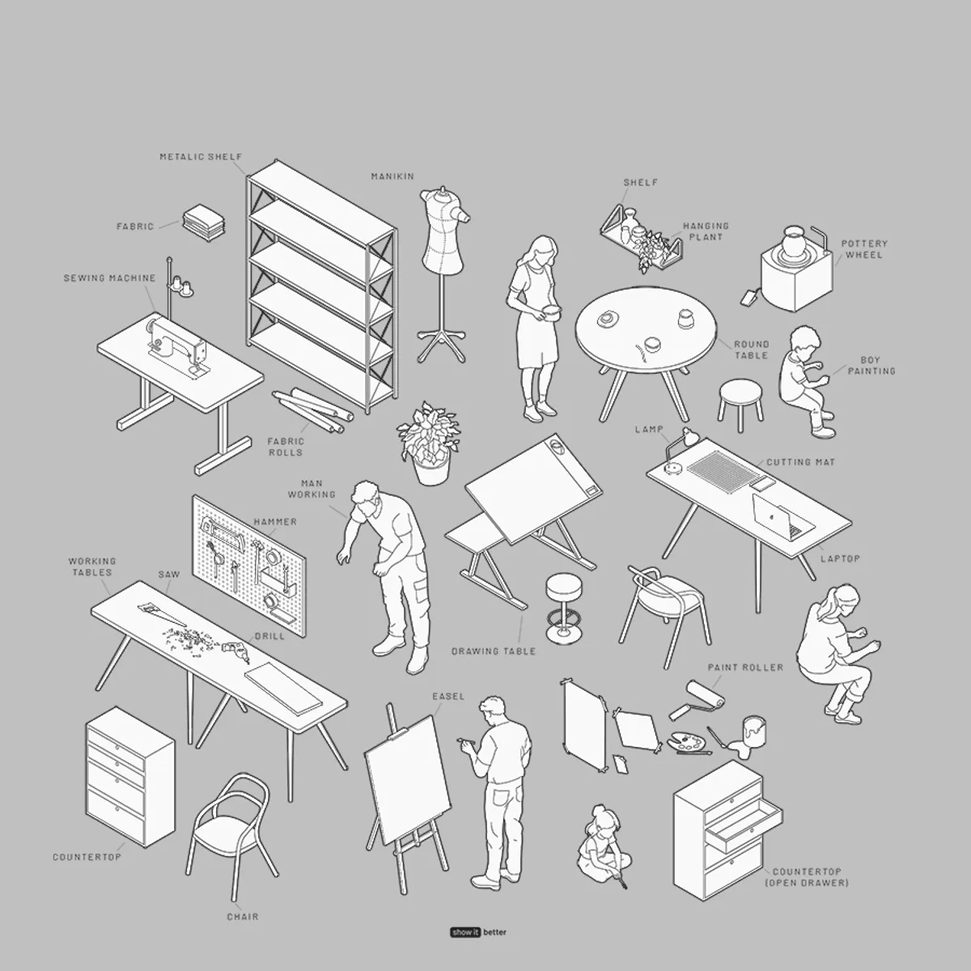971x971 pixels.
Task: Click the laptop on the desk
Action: click(x=781, y=516)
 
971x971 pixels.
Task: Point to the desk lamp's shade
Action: click(x=689, y=437)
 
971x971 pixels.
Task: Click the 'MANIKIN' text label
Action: click(x=392, y=176)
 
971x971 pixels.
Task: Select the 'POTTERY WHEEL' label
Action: click(x=863, y=249)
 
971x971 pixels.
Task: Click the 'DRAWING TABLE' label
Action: click(x=493, y=651)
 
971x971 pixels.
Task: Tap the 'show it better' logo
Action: click(x=479, y=932)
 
